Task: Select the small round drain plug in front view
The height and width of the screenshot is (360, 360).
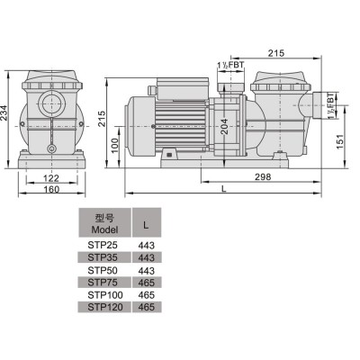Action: (51, 148)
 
